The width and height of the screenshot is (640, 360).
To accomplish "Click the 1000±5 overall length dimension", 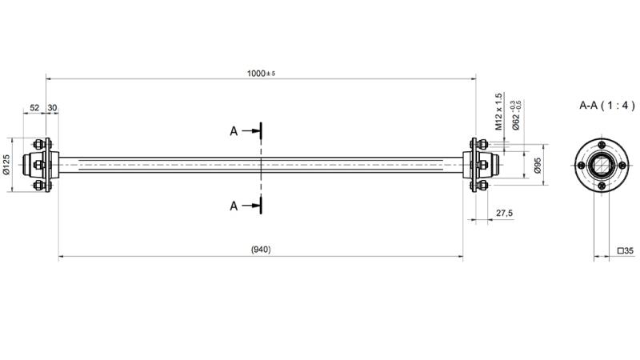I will (261, 74).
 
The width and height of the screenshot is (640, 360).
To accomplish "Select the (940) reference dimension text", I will (261, 250).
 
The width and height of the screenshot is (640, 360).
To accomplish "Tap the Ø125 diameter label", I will (6, 165).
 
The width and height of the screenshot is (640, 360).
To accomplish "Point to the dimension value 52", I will (34, 107).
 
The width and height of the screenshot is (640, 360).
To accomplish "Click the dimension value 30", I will (52, 107).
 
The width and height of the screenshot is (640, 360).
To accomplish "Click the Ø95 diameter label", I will (538, 165).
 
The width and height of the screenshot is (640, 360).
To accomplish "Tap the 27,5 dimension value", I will (504, 214).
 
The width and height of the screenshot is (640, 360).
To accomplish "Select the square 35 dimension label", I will (626, 250).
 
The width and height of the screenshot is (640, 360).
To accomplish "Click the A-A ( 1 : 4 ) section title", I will (607, 105).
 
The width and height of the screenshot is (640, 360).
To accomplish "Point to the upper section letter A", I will (234, 131).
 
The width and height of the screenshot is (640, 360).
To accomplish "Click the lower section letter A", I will (234, 206).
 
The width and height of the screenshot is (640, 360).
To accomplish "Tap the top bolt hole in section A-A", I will (602, 143).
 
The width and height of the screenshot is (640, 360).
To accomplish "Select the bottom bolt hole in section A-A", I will (602, 187).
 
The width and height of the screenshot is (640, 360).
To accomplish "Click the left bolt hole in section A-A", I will (580, 165).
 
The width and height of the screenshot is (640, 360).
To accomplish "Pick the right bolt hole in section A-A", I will (624, 165).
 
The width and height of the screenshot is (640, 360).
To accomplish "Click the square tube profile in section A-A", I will (602, 165).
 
